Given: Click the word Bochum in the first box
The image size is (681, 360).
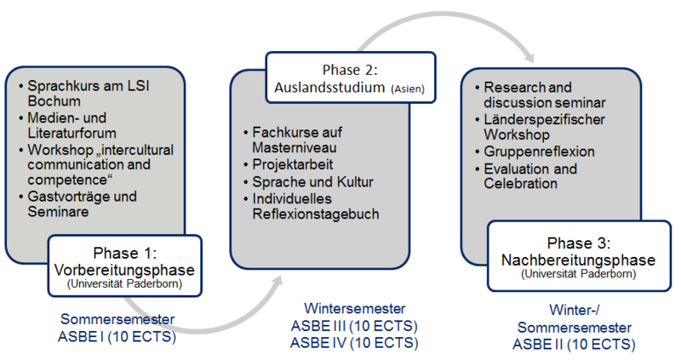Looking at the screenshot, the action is point(54,100).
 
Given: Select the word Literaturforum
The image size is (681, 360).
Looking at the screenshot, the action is point(72,133).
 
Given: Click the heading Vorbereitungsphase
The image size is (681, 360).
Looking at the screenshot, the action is point(124,270).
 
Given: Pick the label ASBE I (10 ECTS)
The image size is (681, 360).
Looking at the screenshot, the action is point(117,336).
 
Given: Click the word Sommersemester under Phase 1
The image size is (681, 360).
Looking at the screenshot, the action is point(117,319).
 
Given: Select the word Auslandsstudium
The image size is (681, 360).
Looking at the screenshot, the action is point(329,88).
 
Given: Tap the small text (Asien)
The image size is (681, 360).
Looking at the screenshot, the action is point(408,89).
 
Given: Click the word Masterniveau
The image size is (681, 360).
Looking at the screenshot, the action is point(295,147).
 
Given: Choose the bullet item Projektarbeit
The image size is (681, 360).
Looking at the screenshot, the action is point(292,164).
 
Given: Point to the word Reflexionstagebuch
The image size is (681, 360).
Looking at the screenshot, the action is point(316,214).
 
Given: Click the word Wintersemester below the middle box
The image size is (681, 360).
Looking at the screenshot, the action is point(354,308).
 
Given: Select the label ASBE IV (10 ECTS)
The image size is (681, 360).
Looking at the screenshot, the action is point(354,343).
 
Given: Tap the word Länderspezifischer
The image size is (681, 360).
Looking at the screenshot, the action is point(544,119).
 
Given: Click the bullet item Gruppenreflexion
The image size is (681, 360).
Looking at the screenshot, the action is point(540,151).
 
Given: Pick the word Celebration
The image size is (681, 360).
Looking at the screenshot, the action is point(520,183).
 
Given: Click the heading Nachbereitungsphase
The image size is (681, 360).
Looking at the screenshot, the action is point(579,260).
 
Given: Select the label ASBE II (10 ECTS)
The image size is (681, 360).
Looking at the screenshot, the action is point(574,345).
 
